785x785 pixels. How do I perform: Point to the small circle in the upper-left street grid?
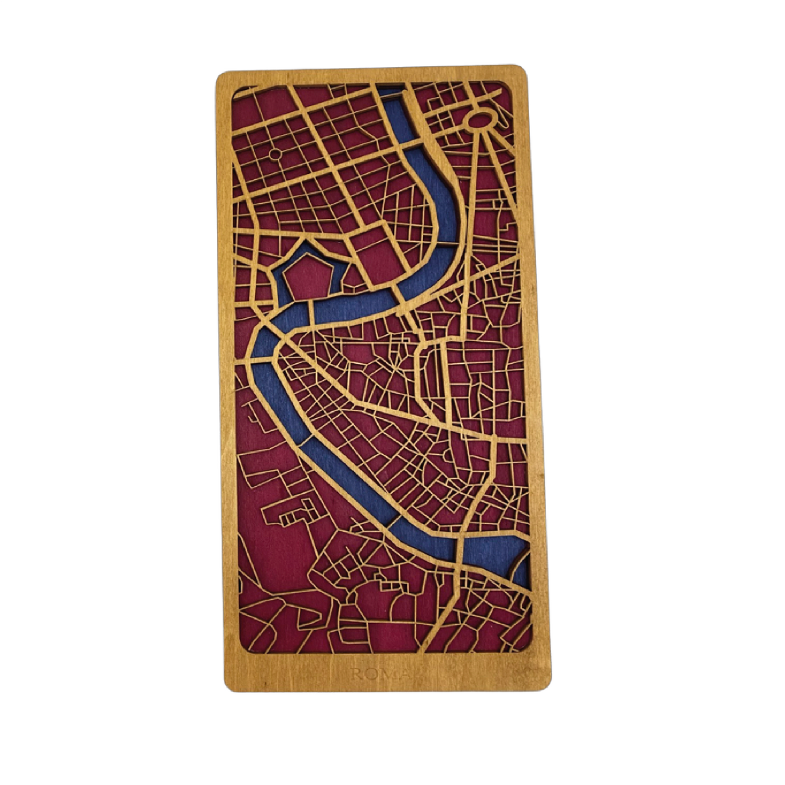[x=275, y=154]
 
